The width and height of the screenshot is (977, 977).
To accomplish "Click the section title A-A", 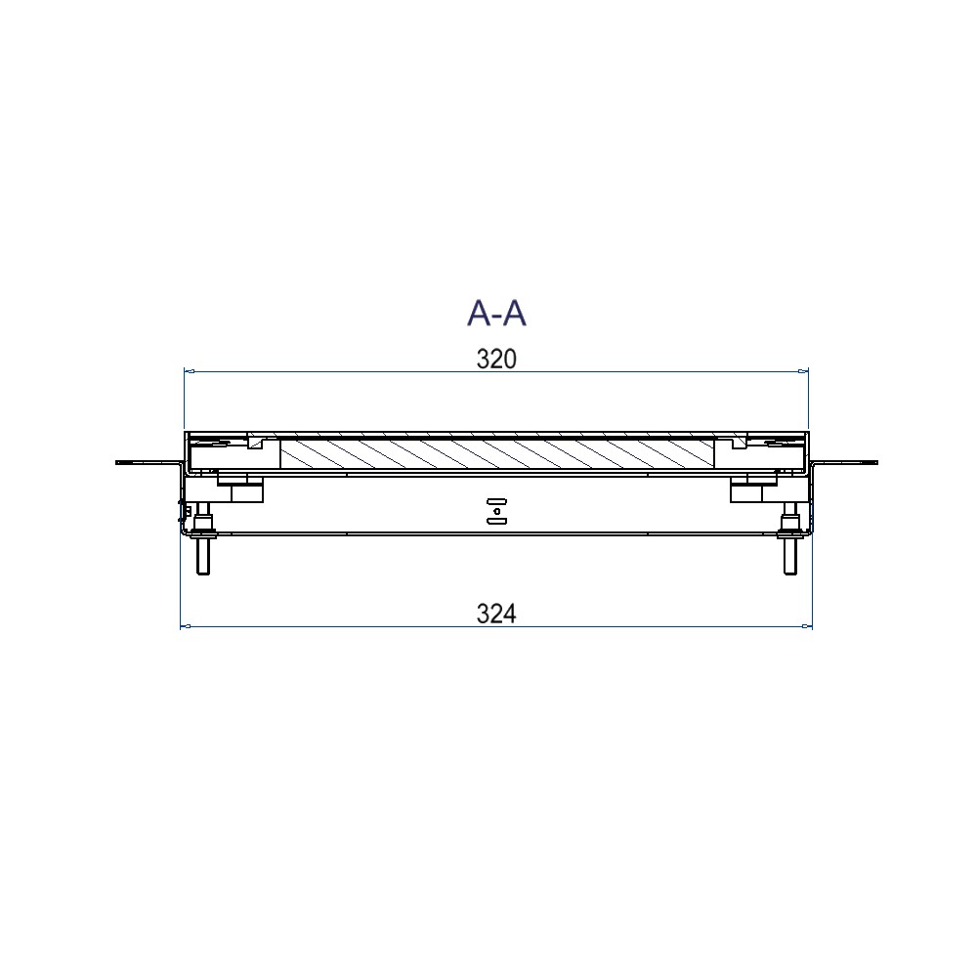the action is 496,313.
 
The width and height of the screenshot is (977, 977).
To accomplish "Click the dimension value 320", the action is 496,360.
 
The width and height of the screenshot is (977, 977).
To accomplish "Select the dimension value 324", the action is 496,615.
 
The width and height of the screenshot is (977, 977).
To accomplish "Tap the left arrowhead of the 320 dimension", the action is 190,371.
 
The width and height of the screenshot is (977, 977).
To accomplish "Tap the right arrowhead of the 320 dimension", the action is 803,371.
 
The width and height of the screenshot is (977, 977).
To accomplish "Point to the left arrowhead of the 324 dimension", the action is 185,626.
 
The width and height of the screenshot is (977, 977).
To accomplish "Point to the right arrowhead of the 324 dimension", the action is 808,626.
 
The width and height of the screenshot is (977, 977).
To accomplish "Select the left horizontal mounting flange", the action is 149,462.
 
